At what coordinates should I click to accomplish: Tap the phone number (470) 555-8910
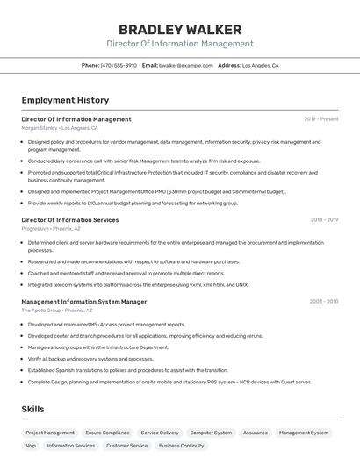(x=119, y=65)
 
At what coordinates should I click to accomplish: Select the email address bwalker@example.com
(x=186, y=65)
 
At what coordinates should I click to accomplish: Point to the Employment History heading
(x=65, y=100)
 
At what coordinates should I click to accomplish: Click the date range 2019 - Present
(x=321, y=119)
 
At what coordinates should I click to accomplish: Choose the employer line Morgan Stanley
(x=60, y=128)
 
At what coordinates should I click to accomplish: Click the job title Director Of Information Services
(x=70, y=220)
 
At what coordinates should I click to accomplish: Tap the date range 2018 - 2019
(x=324, y=220)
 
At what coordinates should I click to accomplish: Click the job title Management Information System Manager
(x=84, y=301)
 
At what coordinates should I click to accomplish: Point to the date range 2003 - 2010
(x=324, y=301)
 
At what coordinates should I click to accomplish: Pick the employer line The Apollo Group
(x=57, y=310)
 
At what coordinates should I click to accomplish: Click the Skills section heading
(x=32, y=409)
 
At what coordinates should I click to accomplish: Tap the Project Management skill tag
(x=50, y=433)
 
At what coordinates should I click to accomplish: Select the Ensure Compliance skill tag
(x=107, y=433)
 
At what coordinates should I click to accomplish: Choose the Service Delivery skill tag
(x=160, y=433)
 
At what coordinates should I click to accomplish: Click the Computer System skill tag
(x=212, y=433)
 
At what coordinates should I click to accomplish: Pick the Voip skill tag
(x=31, y=446)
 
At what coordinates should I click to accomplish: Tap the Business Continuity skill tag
(x=181, y=446)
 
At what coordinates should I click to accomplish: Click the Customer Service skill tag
(x=127, y=446)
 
